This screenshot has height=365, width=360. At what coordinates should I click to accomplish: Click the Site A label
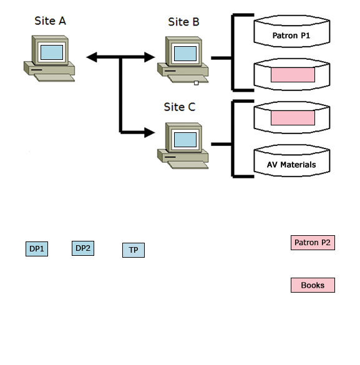[50, 21]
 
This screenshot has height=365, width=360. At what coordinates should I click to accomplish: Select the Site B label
[183, 22]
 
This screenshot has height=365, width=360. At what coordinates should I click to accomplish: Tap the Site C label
[180, 107]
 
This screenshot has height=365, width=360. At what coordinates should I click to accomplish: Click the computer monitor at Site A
[51, 52]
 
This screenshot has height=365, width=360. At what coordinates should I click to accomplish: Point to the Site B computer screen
[185, 53]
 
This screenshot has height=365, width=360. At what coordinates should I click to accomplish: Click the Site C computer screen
[185, 139]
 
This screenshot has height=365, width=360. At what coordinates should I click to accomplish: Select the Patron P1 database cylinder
[291, 36]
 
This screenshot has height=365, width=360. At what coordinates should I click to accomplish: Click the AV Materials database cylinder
[291, 164]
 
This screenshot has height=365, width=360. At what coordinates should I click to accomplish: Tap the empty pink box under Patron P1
[293, 75]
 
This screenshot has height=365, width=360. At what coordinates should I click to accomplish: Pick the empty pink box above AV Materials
[293, 117]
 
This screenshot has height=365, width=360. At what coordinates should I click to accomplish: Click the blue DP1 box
[37, 249]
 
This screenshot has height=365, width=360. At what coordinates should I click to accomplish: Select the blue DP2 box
[83, 248]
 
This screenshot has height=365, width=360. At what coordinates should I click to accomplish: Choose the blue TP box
[133, 250]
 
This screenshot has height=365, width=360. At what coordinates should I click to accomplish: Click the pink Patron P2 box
[313, 243]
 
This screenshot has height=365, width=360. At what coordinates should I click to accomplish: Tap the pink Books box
[313, 285]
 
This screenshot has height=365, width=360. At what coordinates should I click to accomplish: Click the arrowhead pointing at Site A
[92, 57]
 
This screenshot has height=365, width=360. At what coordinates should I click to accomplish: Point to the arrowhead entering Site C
[148, 132]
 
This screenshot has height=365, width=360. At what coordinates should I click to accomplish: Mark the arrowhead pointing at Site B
[148, 57]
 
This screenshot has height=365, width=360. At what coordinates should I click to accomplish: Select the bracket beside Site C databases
[233, 139]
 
